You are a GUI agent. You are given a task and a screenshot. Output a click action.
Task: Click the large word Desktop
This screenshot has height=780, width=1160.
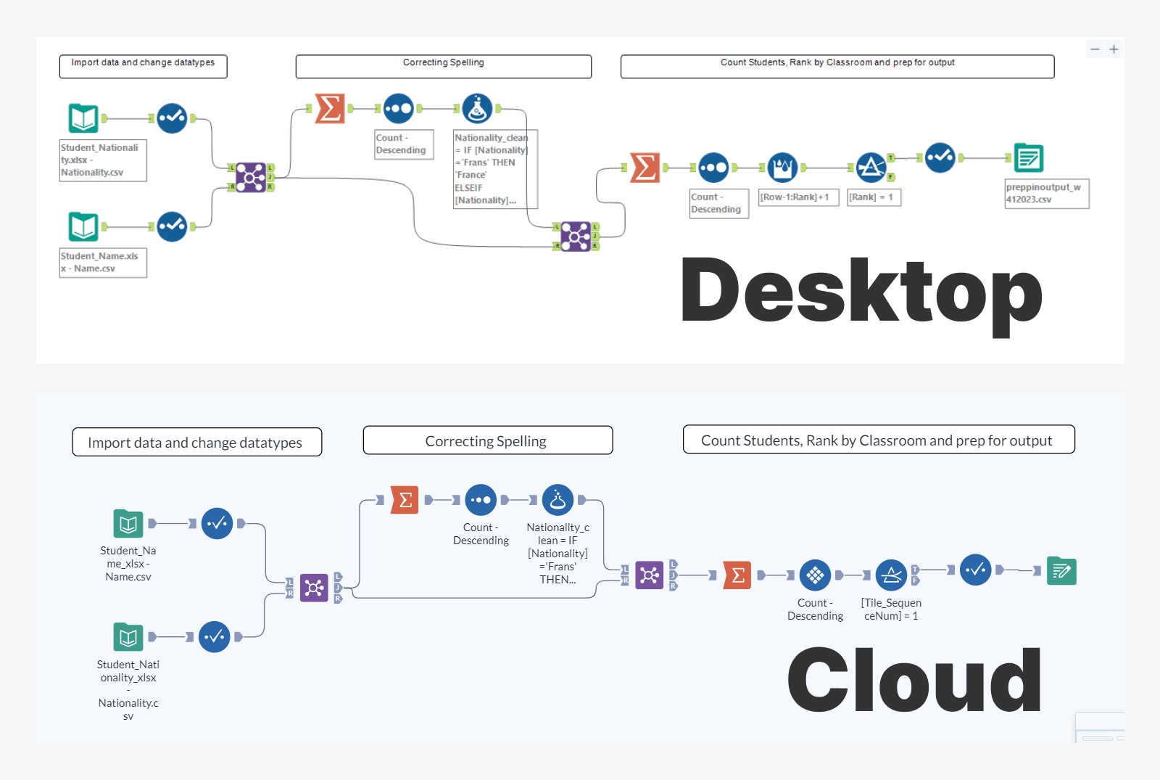point(861,292)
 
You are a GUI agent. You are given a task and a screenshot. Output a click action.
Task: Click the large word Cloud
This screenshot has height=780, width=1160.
point(914,681)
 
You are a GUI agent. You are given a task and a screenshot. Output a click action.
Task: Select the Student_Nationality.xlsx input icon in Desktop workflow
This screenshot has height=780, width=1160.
point(83,118)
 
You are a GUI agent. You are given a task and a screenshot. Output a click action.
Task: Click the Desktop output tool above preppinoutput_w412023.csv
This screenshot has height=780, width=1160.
point(1028,157)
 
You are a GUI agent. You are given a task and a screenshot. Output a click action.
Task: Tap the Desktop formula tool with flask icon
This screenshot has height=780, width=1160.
point(477,109)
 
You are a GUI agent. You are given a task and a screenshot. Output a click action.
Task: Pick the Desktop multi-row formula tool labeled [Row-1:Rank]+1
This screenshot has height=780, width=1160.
point(782,168)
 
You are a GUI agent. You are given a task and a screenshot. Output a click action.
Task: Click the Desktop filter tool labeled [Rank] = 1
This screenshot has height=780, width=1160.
point(871,168)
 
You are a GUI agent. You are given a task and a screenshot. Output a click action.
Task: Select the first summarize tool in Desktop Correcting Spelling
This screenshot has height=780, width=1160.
point(330,109)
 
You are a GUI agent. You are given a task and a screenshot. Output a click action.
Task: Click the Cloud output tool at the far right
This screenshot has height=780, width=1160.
point(1061,571)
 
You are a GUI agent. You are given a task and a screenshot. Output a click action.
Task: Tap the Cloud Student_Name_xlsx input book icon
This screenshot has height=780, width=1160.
point(128,523)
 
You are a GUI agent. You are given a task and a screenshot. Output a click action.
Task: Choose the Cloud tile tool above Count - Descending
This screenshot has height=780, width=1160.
point(815,575)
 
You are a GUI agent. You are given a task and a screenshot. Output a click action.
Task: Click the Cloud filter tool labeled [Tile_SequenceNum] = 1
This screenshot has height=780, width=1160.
point(891,575)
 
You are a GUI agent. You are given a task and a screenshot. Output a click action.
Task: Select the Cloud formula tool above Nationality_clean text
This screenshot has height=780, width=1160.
point(558,500)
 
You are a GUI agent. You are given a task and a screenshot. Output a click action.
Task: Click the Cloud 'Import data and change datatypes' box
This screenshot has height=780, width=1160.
point(196,442)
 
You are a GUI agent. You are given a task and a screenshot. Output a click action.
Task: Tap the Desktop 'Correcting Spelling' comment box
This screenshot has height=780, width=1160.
point(443,66)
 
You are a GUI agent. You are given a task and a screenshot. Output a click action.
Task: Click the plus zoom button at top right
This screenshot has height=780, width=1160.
point(1114,49)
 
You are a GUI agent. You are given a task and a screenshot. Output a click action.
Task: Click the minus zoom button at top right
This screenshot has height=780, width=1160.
point(1095,49)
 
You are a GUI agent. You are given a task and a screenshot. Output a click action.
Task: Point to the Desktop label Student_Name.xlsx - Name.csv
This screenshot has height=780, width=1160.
point(102,262)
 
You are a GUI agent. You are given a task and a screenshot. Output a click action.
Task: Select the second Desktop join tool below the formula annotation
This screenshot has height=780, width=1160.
point(576,237)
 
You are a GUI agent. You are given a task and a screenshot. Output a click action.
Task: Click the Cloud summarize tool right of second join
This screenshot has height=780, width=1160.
point(737,575)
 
